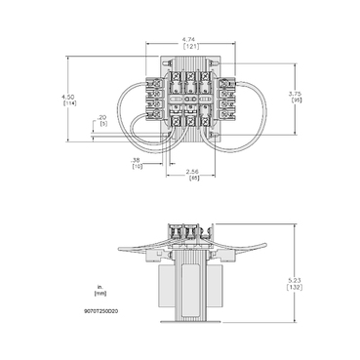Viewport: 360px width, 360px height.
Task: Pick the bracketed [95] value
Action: [x=297, y=100]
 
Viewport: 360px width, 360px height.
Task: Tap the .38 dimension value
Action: [x=137, y=159]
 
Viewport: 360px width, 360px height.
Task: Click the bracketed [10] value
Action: [x=137, y=166]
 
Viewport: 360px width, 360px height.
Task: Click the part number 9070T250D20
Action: [x=101, y=311]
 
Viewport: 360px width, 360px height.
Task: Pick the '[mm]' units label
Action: [x=100, y=293]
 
